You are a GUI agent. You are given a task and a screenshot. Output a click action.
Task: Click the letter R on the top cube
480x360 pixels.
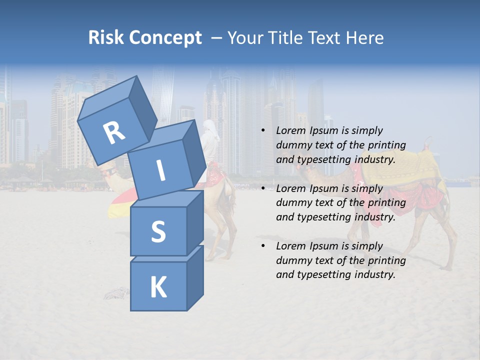(114, 132)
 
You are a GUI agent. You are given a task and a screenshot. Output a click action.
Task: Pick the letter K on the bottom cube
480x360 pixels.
(158, 287)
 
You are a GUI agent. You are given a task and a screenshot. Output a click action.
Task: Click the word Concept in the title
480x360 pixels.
(166, 37)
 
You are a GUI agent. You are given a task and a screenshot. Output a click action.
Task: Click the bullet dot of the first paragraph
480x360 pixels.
(263, 131)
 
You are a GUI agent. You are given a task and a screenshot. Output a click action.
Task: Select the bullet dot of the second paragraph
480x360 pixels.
(263, 188)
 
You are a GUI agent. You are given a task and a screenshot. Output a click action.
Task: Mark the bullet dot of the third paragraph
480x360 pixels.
(263, 246)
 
